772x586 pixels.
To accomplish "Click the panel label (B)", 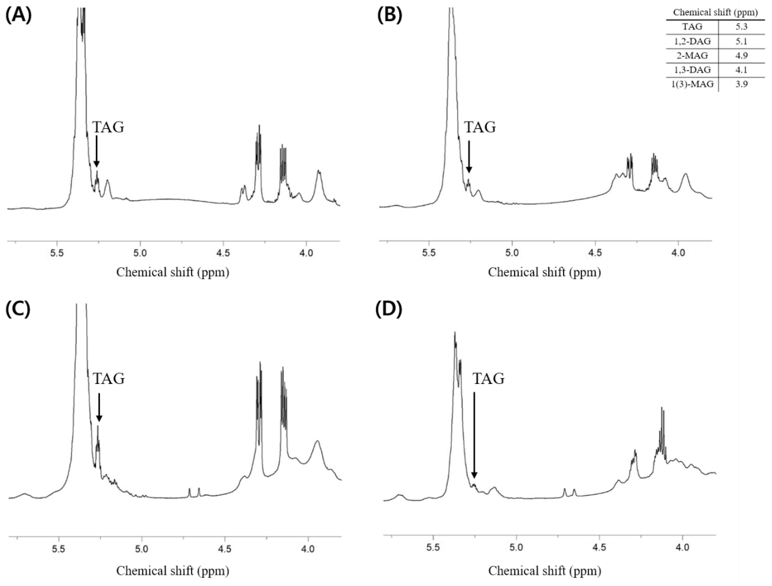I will point(390,15).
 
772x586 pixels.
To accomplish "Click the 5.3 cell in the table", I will point(742,27).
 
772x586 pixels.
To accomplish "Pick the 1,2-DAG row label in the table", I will point(692,41).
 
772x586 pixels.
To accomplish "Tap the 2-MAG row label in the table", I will point(692,56).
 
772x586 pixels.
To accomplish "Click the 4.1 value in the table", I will point(742,70).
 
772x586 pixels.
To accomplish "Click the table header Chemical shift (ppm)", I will point(715,12).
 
